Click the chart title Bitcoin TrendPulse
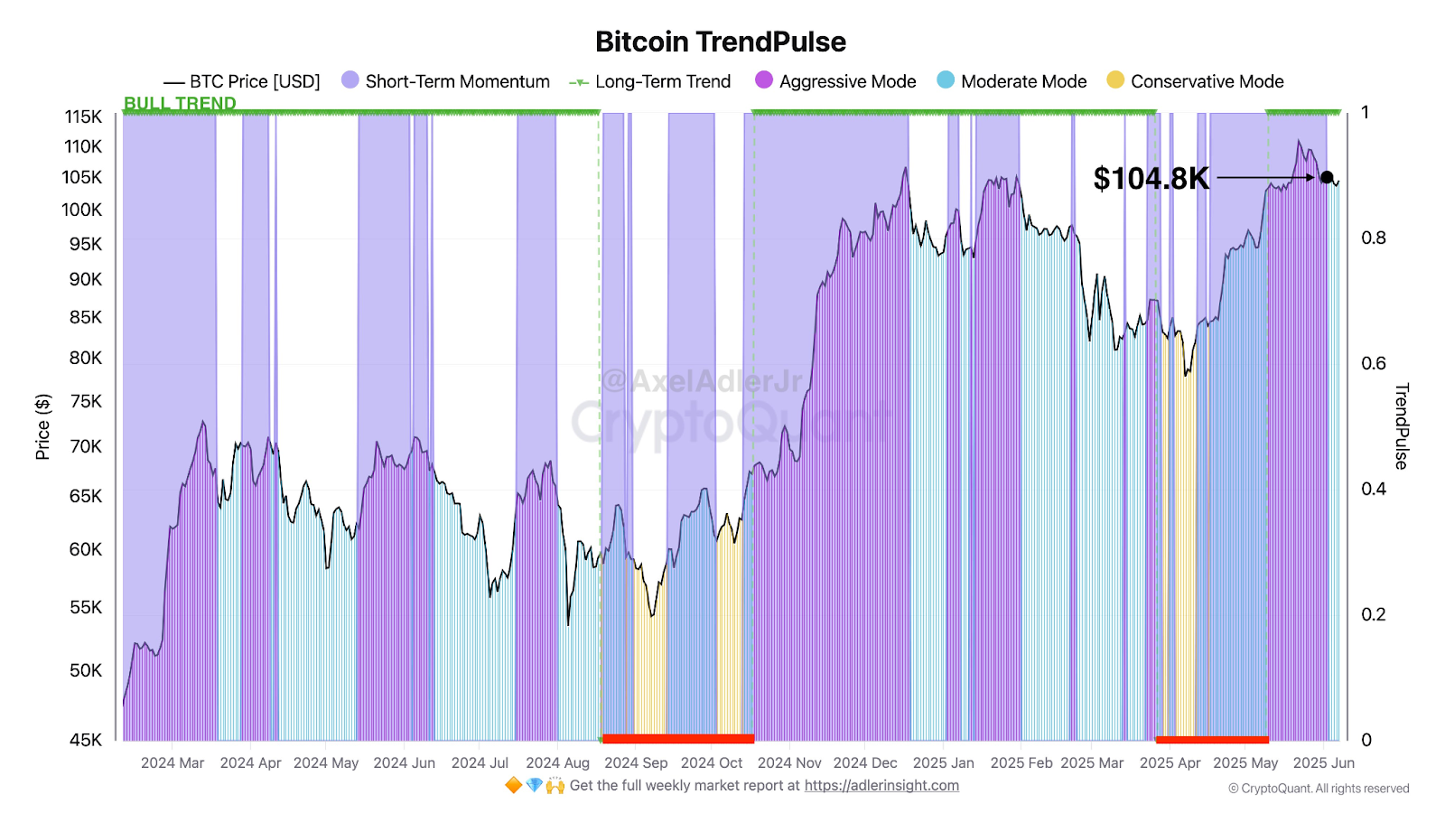[x=721, y=42]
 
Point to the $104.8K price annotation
[x=1151, y=179]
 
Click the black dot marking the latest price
[x=1326, y=177]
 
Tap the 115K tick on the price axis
[x=83, y=117]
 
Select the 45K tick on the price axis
[x=86, y=740]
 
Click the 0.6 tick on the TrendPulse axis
[x=1373, y=363]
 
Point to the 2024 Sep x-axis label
[x=636, y=763]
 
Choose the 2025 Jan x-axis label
[x=943, y=763]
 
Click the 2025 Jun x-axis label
[x=1323, y=763]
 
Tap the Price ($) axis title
[x=42, y=426]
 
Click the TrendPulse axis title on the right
[x=1401, y=426]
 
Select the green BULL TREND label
[x=180, y=103]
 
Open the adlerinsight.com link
[x=881, y=786]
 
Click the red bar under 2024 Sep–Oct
[x=677, y=739]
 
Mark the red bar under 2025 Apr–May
[x=1212, y=740]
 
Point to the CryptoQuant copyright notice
[x=1319, y=789]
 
